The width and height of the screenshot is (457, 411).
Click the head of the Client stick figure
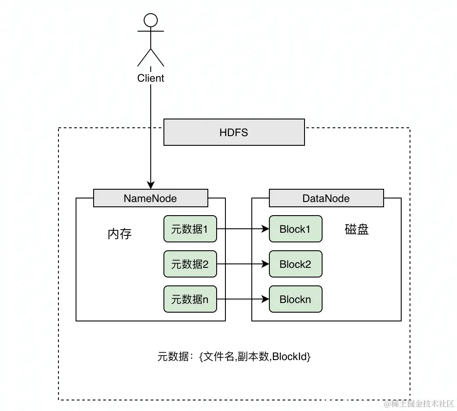[x=151, y=20]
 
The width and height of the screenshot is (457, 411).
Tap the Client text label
[x=151, y=78]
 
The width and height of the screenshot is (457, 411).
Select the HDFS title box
[x=234, y=132]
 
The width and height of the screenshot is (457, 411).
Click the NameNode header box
[x=150, y=198]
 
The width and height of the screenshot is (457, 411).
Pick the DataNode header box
[x=326, y=198]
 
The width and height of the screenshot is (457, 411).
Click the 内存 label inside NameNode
[x=120, y=234]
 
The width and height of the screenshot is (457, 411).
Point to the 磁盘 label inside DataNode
[x=357, y=229]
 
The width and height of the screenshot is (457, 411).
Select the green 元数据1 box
[x=190, y=229]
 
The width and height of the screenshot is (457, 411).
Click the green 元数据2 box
[x=190, y=264]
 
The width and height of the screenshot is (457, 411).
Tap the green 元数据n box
[x=190, y=299]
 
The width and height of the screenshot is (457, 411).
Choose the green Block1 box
[x=295, y=229]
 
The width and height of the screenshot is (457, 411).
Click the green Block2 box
[x=295, y=264]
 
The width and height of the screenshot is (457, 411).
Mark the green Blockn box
[x=295, y=299]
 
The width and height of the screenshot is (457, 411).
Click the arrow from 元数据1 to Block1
[x=243, y=229]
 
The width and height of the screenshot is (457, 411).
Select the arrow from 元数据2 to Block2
[x=243, y=264]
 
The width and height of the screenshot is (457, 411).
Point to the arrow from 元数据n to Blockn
[x=243, y=299]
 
